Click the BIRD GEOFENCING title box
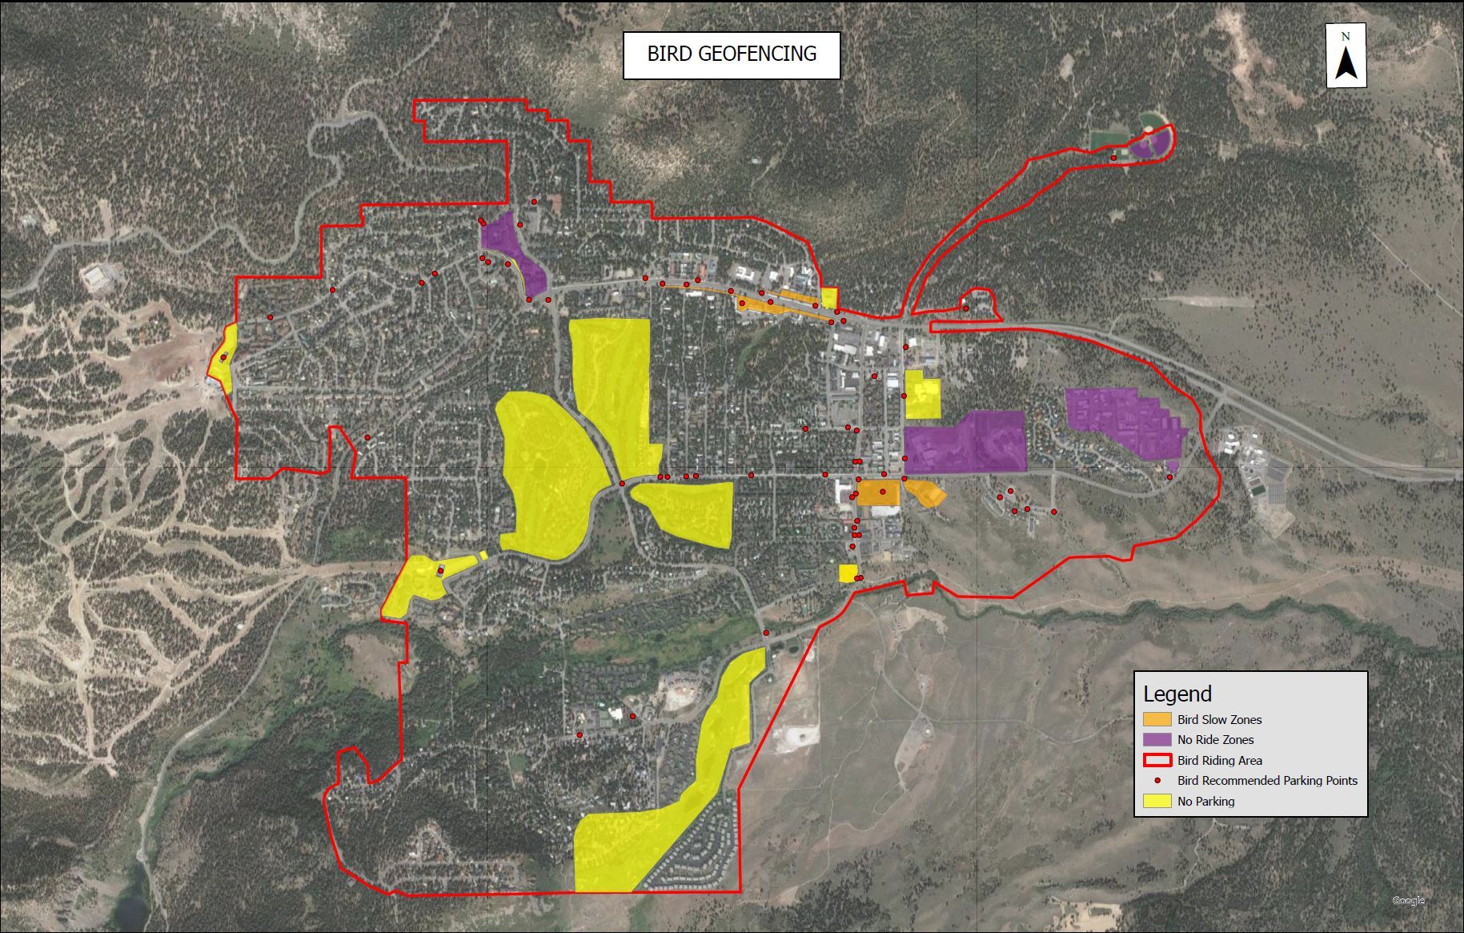tap(732, 54)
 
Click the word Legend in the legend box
tap(1177, 694)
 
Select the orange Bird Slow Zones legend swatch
tap(1157, 719)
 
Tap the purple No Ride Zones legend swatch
tap(1157, 740)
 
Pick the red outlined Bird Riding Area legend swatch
tap(1157, 760)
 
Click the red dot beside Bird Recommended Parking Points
tap(1158, 780)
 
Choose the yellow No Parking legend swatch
tap(1157, 801)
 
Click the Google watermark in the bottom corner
tap(1408, 901)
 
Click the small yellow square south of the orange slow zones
tap(848, 573)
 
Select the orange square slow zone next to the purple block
tap(878, 493)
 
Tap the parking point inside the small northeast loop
tap(965, 308)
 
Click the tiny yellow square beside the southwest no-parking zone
tap(483, 555)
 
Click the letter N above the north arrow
tap(1346, 37)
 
